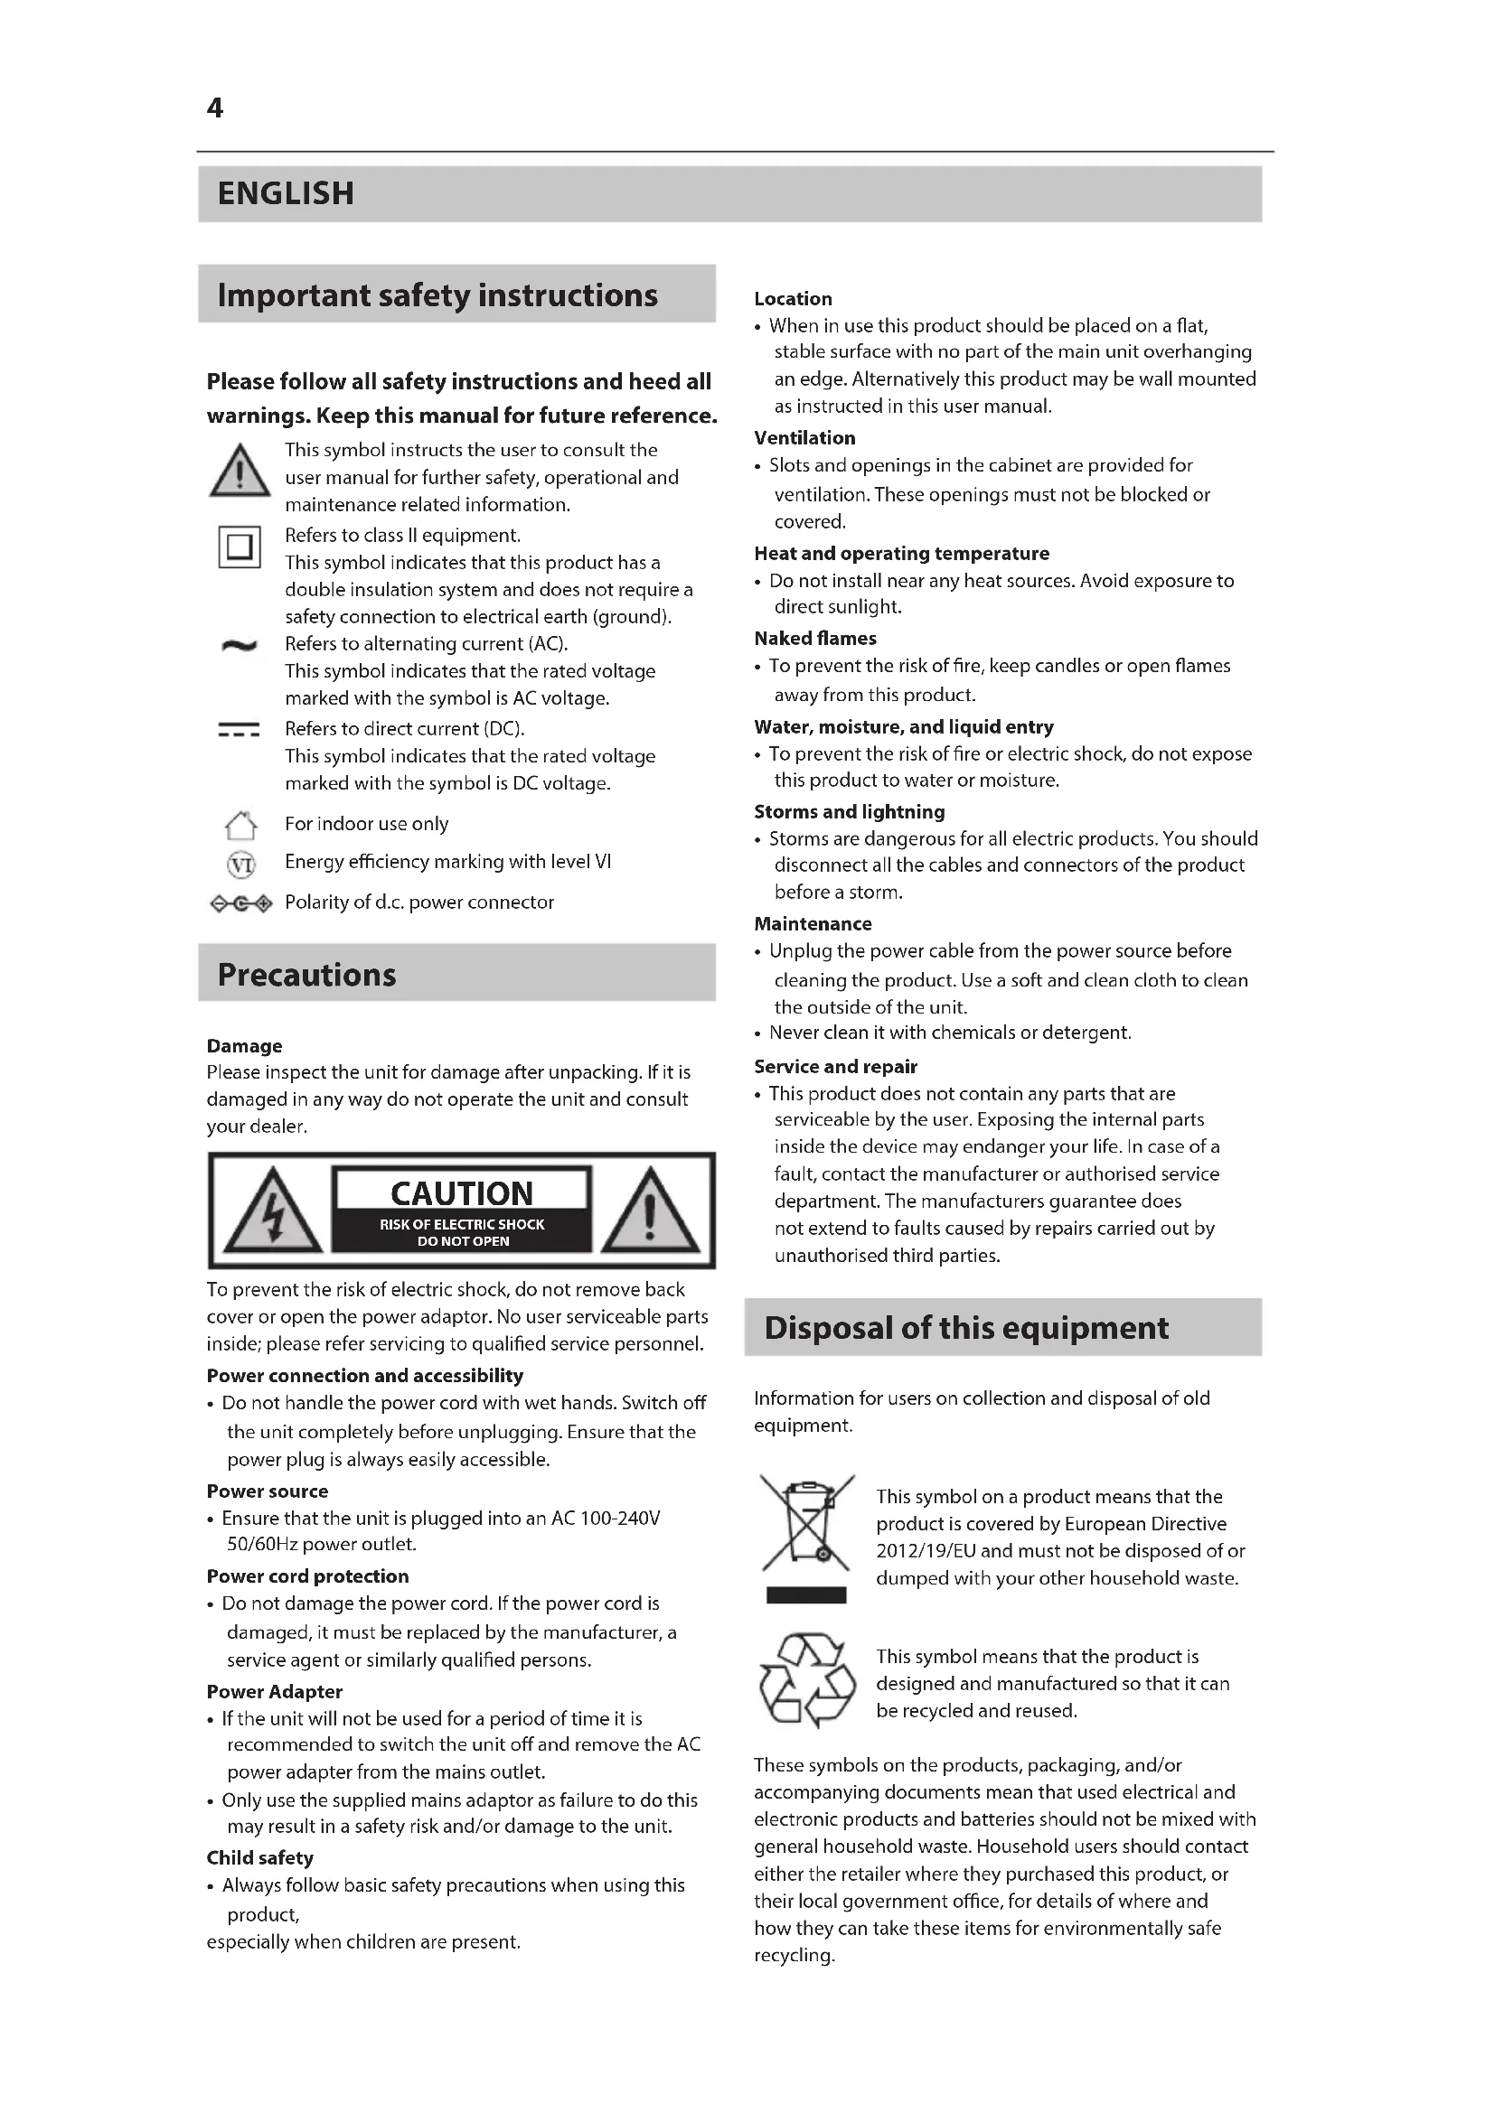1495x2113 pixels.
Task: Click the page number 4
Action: click(x=214, y=108)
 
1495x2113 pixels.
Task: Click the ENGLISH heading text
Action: click(x=286, y=193)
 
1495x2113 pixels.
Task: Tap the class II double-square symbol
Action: click(x=240, y=547)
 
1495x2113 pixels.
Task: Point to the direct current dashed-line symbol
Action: click(x=240, y=731)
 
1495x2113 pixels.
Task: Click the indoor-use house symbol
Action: click(x=240, y=826)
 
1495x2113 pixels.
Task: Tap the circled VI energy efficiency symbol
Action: click(x=240, y=865)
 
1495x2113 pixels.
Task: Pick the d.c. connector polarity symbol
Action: click(x=241, y=904)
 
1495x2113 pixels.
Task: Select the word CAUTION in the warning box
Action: click(x=462, y=1193)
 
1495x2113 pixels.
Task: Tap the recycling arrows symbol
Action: click(x=807, y=1680)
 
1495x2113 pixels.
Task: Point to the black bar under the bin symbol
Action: click(x=806, y=1595)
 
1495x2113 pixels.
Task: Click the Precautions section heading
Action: click(x=306, y=975)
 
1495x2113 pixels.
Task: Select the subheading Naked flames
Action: click(x=814, y=639)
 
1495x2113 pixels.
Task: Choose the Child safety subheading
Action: click(x=259, y=1857)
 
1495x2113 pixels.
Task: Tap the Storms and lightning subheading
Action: click(x=849, y=812)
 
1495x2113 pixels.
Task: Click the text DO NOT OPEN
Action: click(x=463, y=1241)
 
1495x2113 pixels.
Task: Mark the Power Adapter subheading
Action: click(x=275, y=1691)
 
